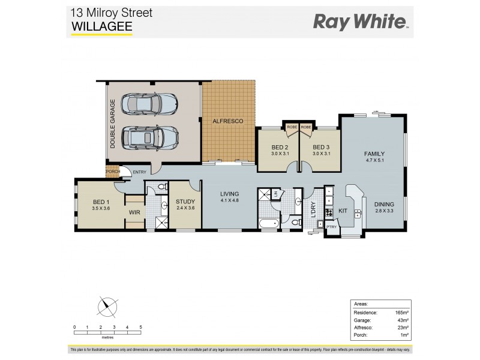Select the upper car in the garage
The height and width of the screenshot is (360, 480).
[x=150, y=104]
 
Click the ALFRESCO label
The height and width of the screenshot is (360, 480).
[x=228, y=121]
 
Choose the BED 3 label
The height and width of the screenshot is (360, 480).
[x=322, y=147]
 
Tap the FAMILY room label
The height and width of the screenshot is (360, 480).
[x=374, y=154]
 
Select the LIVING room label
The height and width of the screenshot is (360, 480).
[x=230, y=194]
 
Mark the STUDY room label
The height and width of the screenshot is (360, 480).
[x=185, y=202]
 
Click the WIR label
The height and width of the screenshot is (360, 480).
[x=135, y=211]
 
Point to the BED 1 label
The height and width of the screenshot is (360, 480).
[x=100, y=202]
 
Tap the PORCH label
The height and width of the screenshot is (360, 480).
[x=113, y=172]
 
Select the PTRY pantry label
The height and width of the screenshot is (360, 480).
[x=331, y=227]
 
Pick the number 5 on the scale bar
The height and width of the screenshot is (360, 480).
[x=140, y=327]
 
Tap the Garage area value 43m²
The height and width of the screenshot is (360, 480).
[x=402, y=320]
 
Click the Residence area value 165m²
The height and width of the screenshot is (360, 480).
[x=401, y=312]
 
